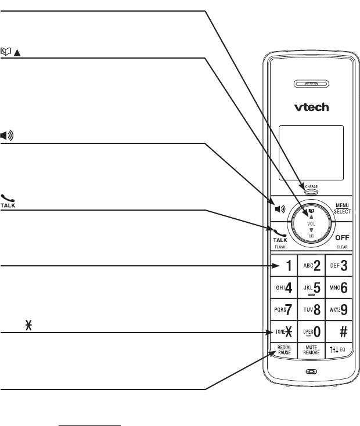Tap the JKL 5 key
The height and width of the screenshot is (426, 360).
pos(311,288)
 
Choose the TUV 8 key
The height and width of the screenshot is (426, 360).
pos(311,310)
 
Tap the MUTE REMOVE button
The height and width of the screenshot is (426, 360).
pos(311,351)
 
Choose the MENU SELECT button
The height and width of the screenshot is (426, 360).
pos(341,207)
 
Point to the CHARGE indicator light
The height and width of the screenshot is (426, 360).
pos(311,192)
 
